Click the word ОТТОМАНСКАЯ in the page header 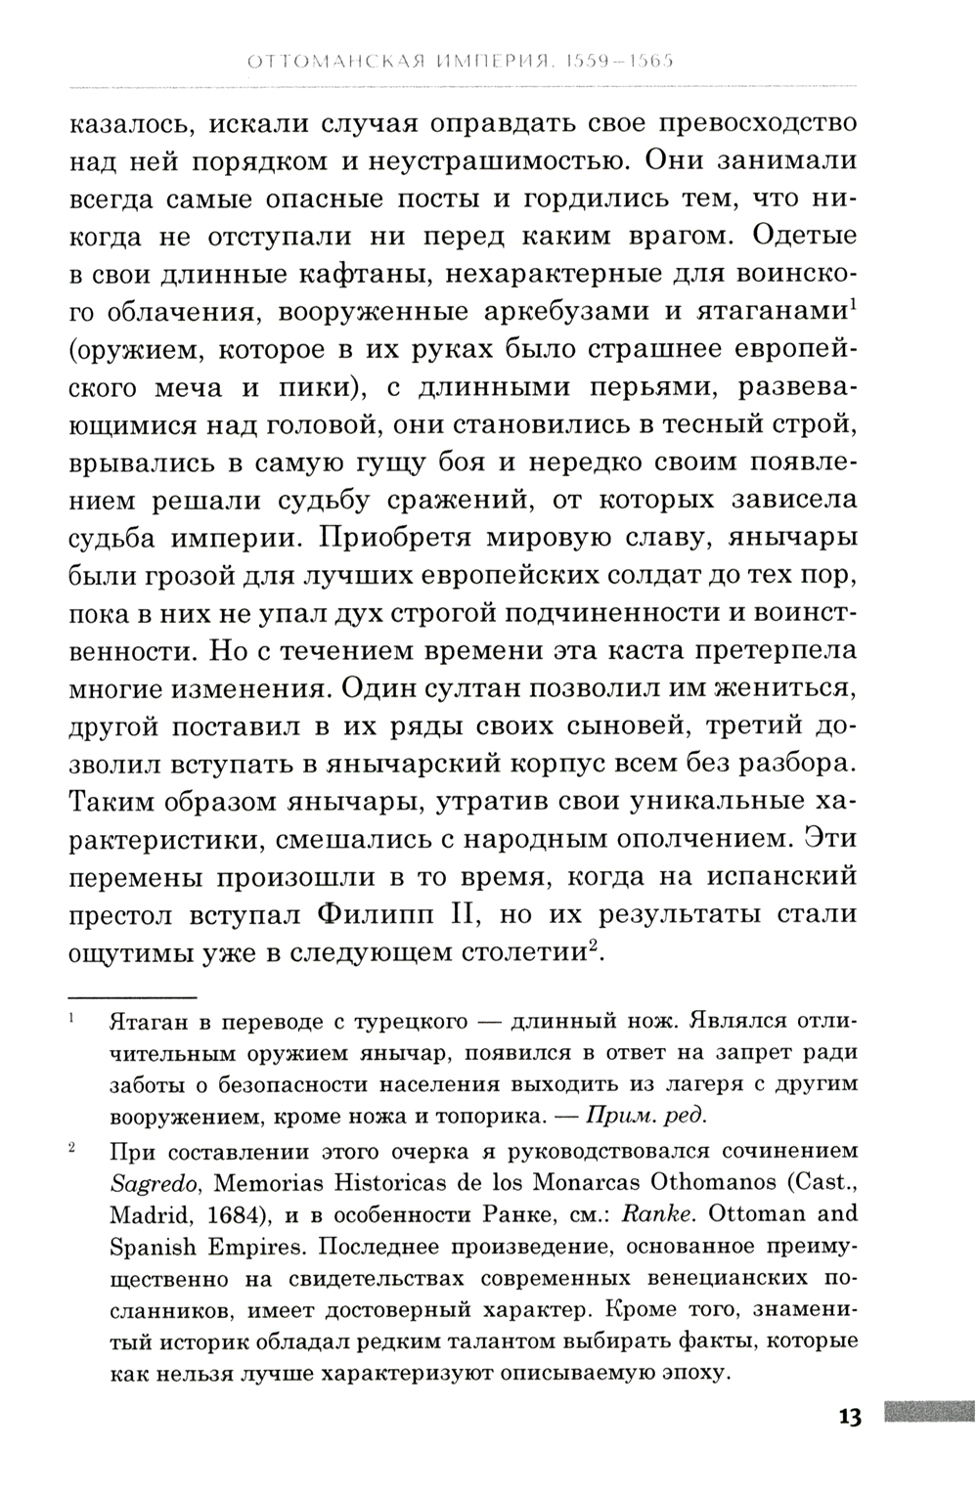(x=330, y=64)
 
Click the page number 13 (x=848, y=1417)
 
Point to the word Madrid (x=146, y=1213)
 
